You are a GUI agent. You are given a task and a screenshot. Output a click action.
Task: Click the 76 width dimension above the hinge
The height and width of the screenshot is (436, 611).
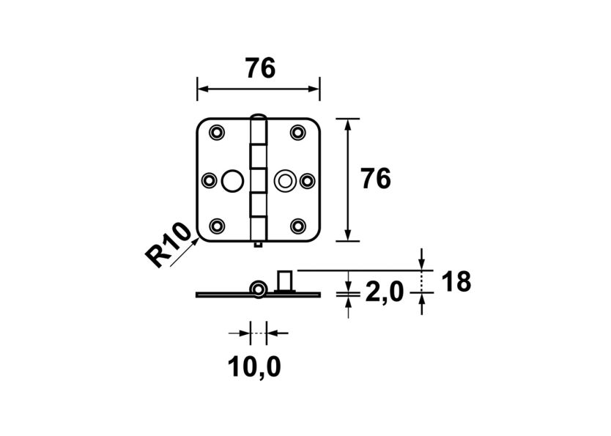tap(260, 68)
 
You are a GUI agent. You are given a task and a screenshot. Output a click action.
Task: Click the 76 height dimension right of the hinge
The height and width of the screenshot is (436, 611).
tap(376, 180)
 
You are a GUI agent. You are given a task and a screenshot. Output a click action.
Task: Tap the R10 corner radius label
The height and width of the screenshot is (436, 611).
tap(168, 248)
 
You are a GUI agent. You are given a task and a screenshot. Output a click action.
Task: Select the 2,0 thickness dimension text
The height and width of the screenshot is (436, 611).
tap(383, 293)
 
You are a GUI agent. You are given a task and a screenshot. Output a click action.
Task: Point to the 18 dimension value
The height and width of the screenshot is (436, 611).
tap(456, 281)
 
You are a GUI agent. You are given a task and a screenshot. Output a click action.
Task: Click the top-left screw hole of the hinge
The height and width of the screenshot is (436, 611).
tap(218, 133)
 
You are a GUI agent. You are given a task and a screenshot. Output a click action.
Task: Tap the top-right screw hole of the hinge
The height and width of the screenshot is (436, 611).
tap(297, 133)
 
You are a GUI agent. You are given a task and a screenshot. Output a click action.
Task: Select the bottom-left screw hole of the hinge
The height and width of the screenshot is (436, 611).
tap(218, 226)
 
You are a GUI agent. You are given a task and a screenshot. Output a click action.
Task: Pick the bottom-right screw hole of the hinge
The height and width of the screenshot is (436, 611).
tap(297, 226)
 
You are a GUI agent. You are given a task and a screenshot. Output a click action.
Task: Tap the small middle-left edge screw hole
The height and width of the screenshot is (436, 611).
tap(209, 180)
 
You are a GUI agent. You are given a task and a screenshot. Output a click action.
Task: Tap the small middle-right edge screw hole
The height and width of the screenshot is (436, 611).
tap(307, 180)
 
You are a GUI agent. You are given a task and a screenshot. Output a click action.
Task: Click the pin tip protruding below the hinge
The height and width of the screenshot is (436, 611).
tap(258, 245)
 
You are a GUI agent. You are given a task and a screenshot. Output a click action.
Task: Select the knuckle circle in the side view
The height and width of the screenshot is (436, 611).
tap(258, 289)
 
